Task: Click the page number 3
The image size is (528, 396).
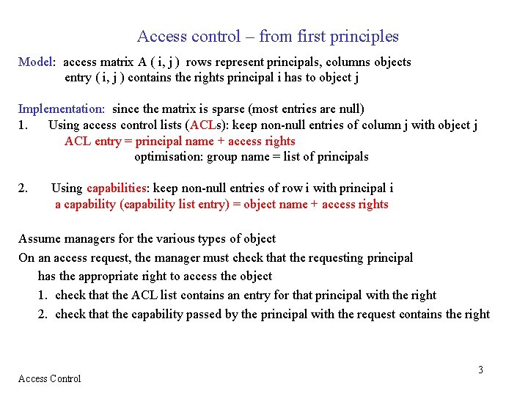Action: (x=481, y=370)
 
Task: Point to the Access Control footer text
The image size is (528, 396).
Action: (x=49, y=378)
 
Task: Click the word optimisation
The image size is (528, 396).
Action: (x=169, y=156)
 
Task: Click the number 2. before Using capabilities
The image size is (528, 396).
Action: (x=23, y=188)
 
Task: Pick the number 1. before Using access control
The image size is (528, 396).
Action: (x=23, y=125)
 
